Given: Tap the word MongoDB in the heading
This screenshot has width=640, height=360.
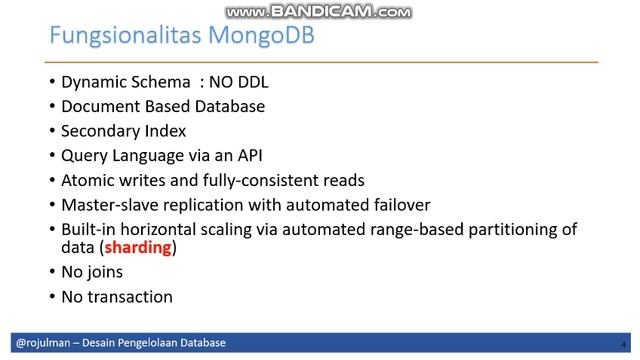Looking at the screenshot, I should [257, 37].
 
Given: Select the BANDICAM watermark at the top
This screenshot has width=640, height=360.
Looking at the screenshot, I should [319, 12].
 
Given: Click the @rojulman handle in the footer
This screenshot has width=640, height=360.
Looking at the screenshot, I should [41, 343].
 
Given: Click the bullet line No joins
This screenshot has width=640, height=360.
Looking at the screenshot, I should [96, 272].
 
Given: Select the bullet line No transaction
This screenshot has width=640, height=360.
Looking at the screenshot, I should [117, 296].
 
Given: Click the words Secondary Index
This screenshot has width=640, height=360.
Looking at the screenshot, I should [123, 131].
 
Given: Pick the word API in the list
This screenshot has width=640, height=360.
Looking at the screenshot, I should [245, 155].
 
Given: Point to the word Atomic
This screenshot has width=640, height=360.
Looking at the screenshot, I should [87, 180].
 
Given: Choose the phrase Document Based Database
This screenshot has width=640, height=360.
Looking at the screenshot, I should [163, 107].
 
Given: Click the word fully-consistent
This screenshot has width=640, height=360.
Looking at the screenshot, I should [253, 180].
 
